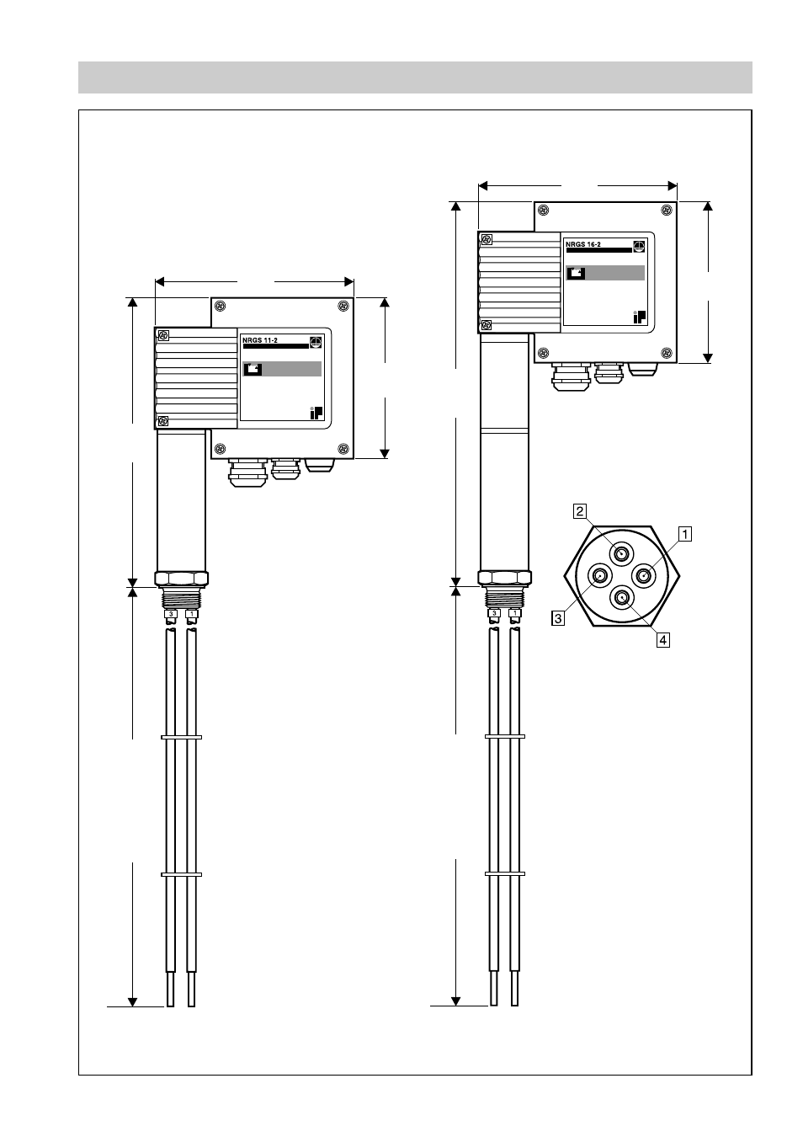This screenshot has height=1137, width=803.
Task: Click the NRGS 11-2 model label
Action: click(260, 340)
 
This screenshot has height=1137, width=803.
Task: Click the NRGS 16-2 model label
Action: click(583, 244)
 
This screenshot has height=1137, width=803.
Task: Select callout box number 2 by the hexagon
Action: click(580, 510)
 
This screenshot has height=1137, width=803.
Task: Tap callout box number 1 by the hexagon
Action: click(685, 534)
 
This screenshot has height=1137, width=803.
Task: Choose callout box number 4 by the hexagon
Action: click(663, 640)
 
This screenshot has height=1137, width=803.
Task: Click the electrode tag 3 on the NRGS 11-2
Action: click(171, 614)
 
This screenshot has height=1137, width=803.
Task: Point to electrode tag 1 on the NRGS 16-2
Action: click(515, 613)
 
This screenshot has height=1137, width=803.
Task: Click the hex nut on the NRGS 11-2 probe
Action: click(181, 579)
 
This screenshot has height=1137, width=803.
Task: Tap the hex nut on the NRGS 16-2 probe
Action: click(505, 578)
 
